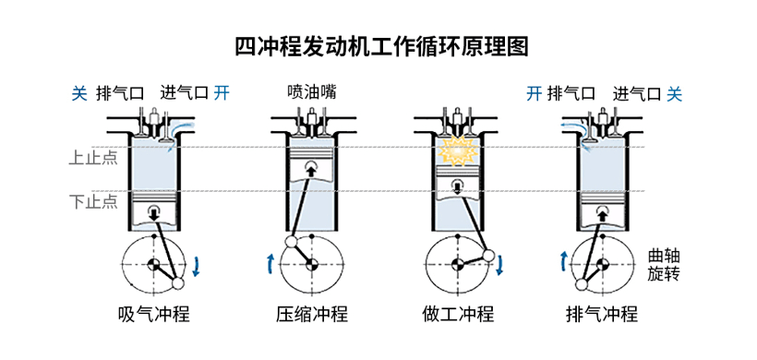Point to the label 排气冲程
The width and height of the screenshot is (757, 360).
point(602,313)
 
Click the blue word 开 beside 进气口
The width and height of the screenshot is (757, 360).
point(221,92)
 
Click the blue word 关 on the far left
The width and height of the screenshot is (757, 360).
point(79,92)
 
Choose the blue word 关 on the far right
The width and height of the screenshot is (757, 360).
point(675,92)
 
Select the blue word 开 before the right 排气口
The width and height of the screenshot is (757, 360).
point(534,92)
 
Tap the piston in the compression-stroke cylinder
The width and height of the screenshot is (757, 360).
point(310,168)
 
